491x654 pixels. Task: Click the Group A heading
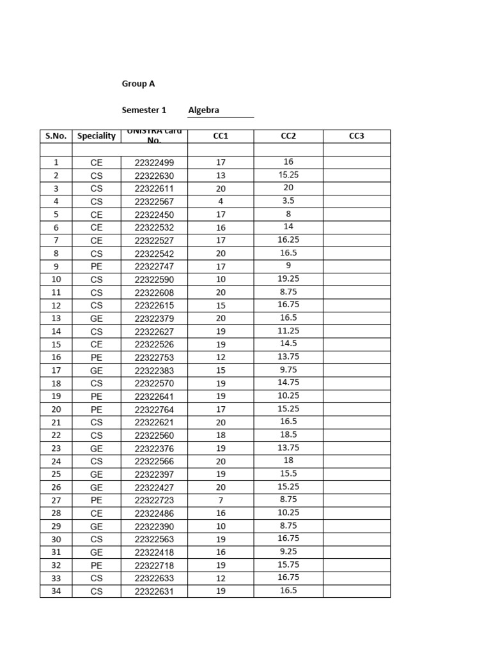click(138, 84)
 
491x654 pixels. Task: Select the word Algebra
click(203, 110)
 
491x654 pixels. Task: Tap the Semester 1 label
click(144, 110)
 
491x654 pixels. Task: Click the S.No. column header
click(56, 136)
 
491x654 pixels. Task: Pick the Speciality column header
click(97, 136)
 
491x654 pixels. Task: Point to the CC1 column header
click(221, 136)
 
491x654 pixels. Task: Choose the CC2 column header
click(288, 136)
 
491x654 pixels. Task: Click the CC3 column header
click(356, 136)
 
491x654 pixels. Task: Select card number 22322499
click(154, 163)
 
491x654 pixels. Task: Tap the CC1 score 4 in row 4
click(221, 202)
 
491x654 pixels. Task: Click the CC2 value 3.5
click(288, 201)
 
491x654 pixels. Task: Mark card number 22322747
click(154, 267)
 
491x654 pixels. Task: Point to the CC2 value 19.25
click(288, 279)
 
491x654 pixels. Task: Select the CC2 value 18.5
click(288, 435)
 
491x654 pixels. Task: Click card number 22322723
click(154, 501)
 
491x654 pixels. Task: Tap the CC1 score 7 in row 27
click(221, 500)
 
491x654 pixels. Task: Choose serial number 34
click(56, 591)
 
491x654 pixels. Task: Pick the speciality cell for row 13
click(97, 319)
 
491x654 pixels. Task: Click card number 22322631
click(154, 591)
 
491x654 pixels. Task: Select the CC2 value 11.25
click(288, 331)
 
